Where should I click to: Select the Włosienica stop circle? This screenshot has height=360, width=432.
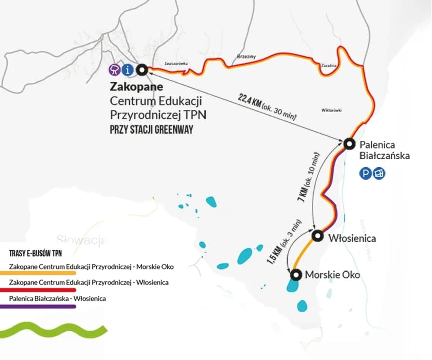pyautogui.click(x=318, y=235)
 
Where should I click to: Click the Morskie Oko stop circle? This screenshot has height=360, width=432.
pyautogui.click(x=296, y=274)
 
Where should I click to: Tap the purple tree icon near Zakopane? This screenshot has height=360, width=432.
pyautogui.click(x=116, y=70)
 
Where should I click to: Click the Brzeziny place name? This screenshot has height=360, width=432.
pyautogui.click(x=246, y=57)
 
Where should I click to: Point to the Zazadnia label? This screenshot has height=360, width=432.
pyautogui.click(x=329, y=66)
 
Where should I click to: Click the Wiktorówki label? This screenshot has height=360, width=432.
pyautogui.click(x=332, y=110)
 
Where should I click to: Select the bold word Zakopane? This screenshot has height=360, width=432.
pyautogui.click(x=136, y=86)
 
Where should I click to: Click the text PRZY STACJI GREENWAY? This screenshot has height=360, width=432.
pyautogui.click(x=152, y=130)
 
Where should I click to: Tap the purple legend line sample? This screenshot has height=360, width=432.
pyautogui.click(x=38, y=307)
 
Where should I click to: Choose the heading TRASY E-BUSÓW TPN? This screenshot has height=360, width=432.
pyautogui.click(x=36, y=254)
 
